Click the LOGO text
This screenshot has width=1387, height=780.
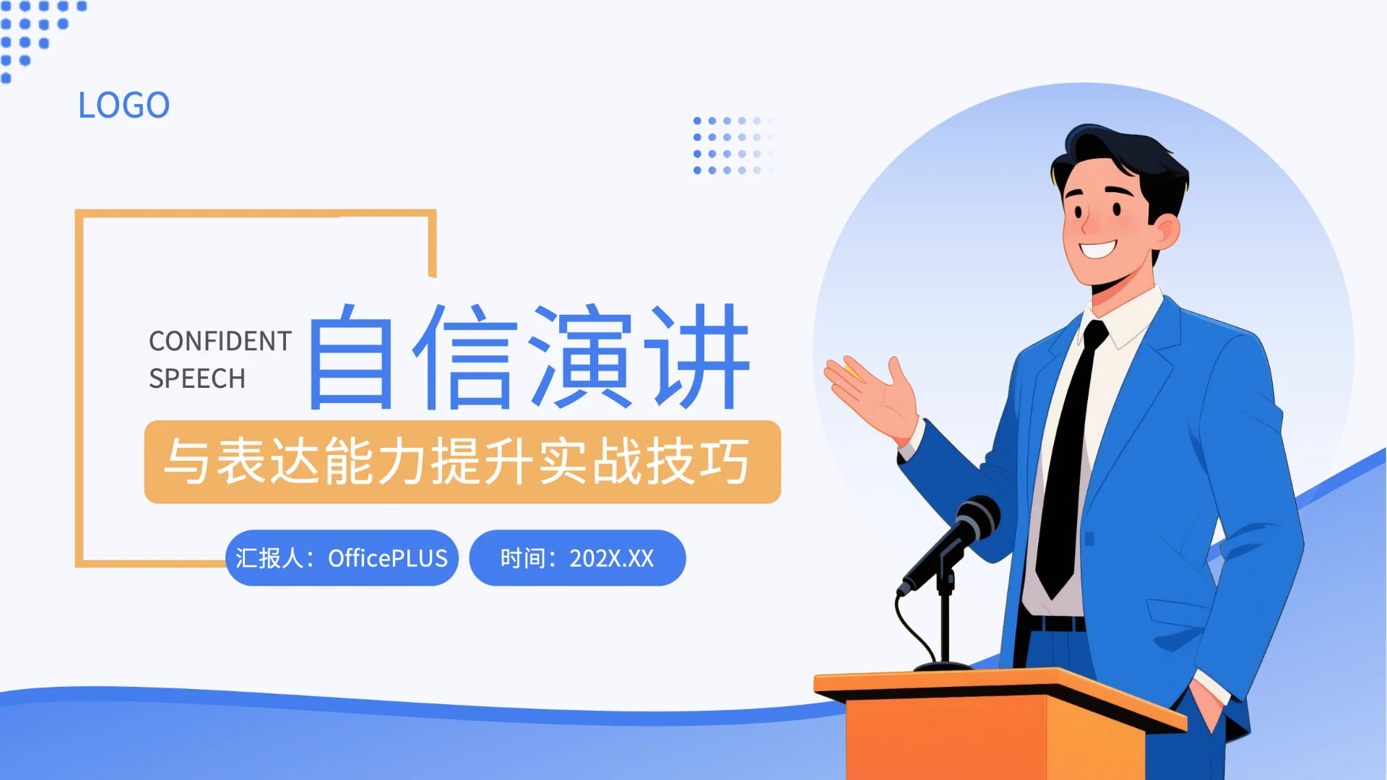coord(124,105)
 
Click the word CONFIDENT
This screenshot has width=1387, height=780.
coord(220,341)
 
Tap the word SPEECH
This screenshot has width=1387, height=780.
coord(196,378)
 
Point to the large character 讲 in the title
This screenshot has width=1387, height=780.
coord(699,357)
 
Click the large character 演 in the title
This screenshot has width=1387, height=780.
coord(582,357)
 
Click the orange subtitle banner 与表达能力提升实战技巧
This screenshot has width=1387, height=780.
coord(462,462)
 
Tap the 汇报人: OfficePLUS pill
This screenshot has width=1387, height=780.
coord(342,558)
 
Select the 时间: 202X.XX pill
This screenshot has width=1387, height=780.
coord(577,558)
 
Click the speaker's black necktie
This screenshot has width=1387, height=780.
coord(1069,462)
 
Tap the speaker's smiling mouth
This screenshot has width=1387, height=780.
coord(1098,249)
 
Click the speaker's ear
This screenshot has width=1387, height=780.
coord(1165,231)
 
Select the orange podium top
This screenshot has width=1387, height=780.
coord(997,682)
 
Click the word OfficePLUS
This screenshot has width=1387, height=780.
coord(388,558)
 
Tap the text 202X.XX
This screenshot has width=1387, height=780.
coord(611,558)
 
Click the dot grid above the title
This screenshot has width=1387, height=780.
coord(731,145)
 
